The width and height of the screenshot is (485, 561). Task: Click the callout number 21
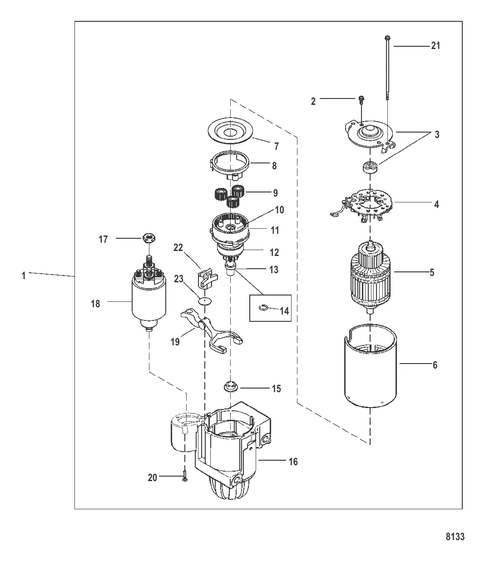pyautogui.click(x=435, y=46)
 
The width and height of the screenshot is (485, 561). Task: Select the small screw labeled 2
pyautogui.click(x=361, y=98)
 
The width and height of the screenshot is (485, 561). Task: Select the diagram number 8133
pyautogui.click(x=455, y=537)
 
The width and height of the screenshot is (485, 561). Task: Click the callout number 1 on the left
pyautogui.click(x=24, y=276)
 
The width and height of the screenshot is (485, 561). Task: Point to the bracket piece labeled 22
pyautogui.click(x=204, y=278)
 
